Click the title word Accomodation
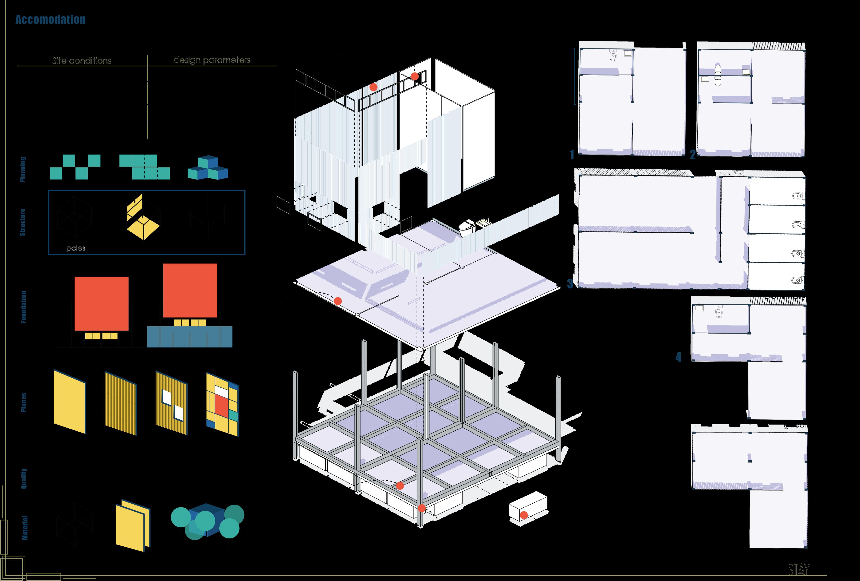(x=50, y=20)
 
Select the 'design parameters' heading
(x=212, y=60)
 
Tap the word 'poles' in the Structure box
(x=76, y=248)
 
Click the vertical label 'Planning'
(x=23, y=169)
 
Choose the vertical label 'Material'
(x=25, y=527)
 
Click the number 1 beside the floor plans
(x=572, y=154)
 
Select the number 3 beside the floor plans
(x=570, y=284)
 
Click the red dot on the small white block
(x=524, y=515)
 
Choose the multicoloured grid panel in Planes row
(x=222, y=404)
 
